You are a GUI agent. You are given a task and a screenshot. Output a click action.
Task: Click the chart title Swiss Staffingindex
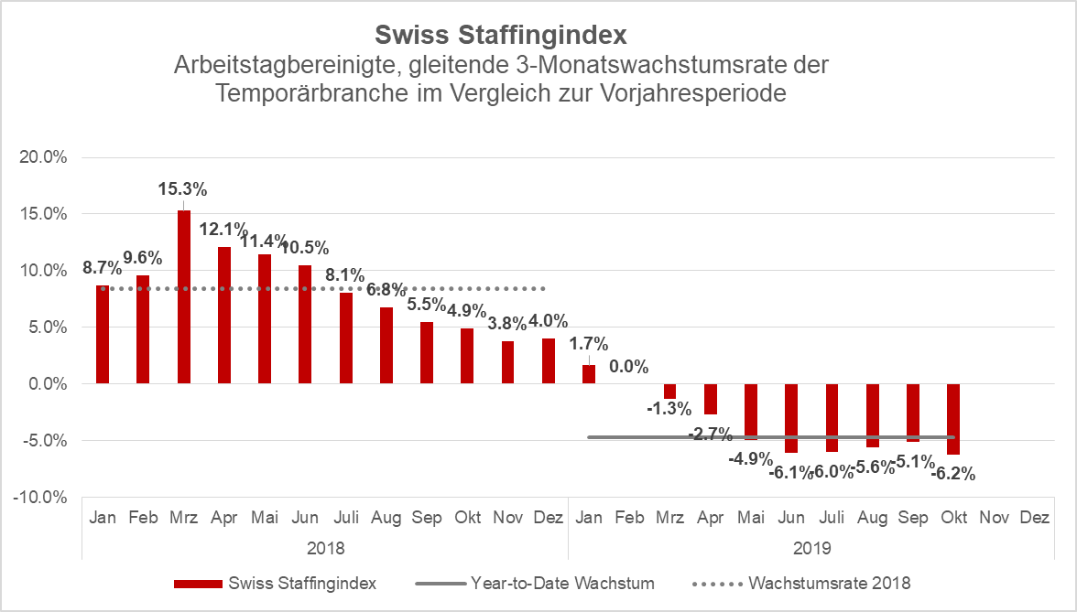pos(501,36)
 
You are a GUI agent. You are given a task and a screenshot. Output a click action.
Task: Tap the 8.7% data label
pos(102,269)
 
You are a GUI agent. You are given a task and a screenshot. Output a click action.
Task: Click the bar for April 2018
pos(224,316)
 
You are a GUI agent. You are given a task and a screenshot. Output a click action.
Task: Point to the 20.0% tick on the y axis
pos(44,157)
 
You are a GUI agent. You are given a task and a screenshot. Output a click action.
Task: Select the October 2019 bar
pos(953,419)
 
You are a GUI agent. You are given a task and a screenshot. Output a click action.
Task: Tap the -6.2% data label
pos(953,474)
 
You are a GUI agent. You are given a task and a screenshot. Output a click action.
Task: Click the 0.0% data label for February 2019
pos(628,368)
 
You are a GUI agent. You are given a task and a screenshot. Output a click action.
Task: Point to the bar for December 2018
pos(549,361)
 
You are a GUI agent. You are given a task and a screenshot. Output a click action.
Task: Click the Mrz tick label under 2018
pos(184,518)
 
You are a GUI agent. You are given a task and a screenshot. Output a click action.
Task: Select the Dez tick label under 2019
pos(1034,518)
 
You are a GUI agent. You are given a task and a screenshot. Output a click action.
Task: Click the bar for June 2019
pos(791,418)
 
